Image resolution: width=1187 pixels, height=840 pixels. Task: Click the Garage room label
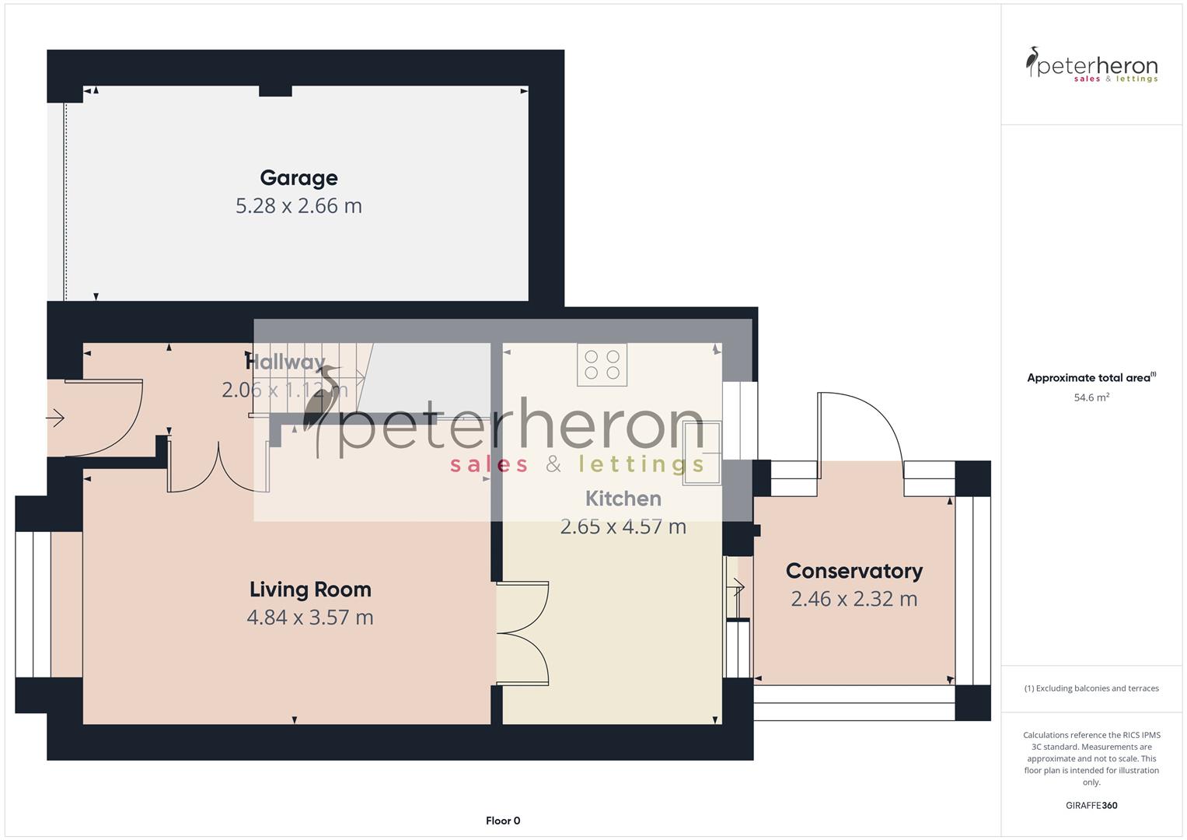(x=298, y=178)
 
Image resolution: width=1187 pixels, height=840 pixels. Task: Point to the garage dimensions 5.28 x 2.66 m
(x=298, y=206)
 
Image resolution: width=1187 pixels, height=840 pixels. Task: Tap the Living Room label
(x=310, y=590)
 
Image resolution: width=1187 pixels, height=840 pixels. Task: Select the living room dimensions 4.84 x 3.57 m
(x=310, y=618)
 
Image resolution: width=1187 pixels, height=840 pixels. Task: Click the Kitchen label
(x=623, y=499)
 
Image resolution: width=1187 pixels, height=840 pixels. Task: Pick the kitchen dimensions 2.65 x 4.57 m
(x=623, y=527)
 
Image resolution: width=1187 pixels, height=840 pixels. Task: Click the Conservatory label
(x=854, y=571)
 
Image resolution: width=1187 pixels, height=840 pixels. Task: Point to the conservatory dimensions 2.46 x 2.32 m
(x=854, y=599)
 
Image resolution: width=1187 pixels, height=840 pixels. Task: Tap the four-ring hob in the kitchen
(x=602, y=365)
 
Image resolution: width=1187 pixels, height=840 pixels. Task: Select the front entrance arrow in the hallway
(x=55, y=419)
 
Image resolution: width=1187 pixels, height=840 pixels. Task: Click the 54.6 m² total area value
(x=1091, y=397)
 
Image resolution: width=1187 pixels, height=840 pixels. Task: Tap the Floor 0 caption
(x=503, y=821)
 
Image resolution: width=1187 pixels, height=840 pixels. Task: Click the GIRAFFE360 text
(x=1091, y=805)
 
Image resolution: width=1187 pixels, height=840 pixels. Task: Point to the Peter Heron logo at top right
(x=1091, y=65)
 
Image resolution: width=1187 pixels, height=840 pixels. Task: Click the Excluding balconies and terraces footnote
(x=1091, y=688)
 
